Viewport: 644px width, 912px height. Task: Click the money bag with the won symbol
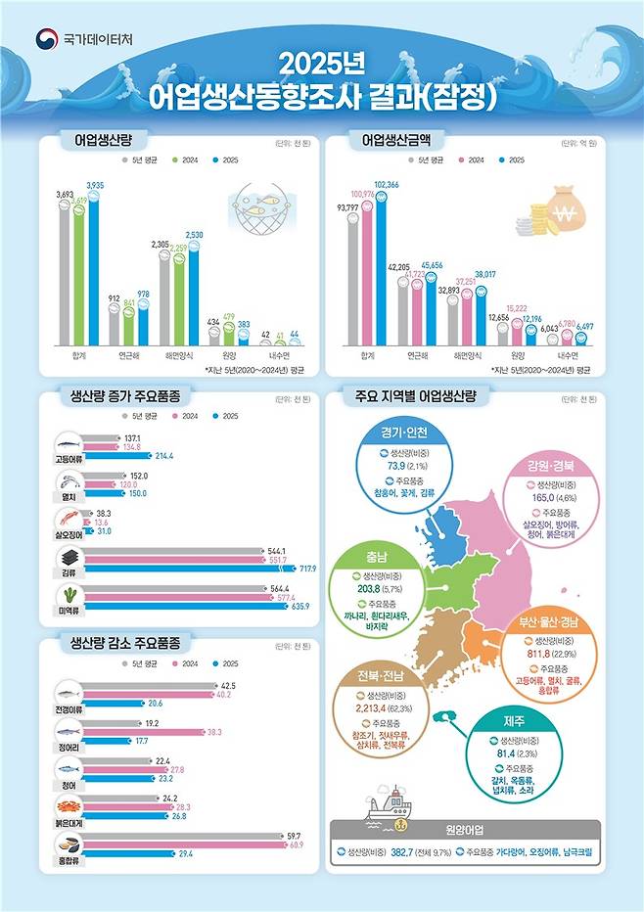point(563,207)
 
